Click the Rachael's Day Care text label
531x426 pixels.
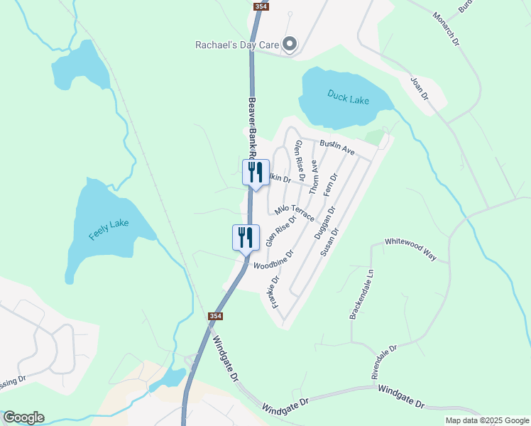click(237, 45)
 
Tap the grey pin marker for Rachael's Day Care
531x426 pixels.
click(290, 45)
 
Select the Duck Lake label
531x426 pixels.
click(348, 97)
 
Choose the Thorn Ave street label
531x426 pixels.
click(314, 177)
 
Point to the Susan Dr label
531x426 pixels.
click(330, 241)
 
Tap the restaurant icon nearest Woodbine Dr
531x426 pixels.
click(246, 237)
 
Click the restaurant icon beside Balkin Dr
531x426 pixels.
click(256, 172)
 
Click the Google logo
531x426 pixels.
click(23, 417)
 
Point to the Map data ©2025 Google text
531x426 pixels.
click(487, 420)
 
